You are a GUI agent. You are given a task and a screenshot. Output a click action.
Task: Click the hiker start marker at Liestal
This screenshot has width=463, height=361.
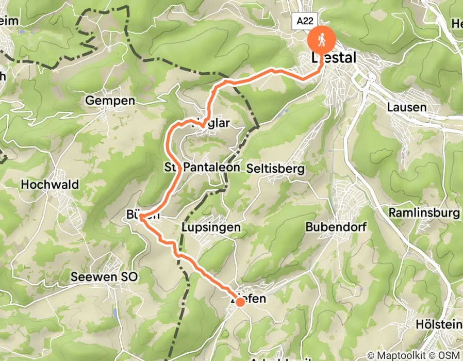click(x=321, y=40)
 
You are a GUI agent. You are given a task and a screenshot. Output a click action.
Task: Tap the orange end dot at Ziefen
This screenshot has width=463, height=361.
click(x=240, y=302)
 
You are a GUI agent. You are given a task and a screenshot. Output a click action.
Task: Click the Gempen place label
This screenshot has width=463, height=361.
click(x=110, y=101)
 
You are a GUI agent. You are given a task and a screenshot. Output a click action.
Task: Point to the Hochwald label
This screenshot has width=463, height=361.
click(x=50, y=185)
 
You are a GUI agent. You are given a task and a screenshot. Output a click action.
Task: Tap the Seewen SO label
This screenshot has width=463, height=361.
click(x=105, y=277)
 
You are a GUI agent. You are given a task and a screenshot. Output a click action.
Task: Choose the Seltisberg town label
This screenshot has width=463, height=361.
click(x=276, y=169)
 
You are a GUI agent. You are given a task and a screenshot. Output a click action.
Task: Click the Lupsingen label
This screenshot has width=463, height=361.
click(x=211, y=227)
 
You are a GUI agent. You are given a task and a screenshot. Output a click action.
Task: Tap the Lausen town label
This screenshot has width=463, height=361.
click(x=407, y=108)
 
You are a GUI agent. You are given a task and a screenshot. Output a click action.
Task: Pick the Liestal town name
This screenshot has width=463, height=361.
click(x=334, y=59)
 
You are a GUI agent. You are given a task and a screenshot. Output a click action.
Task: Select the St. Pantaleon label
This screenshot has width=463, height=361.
click(x=202, y=167)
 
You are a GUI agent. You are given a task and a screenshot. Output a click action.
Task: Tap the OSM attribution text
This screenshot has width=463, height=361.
click(x=449, y=355)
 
